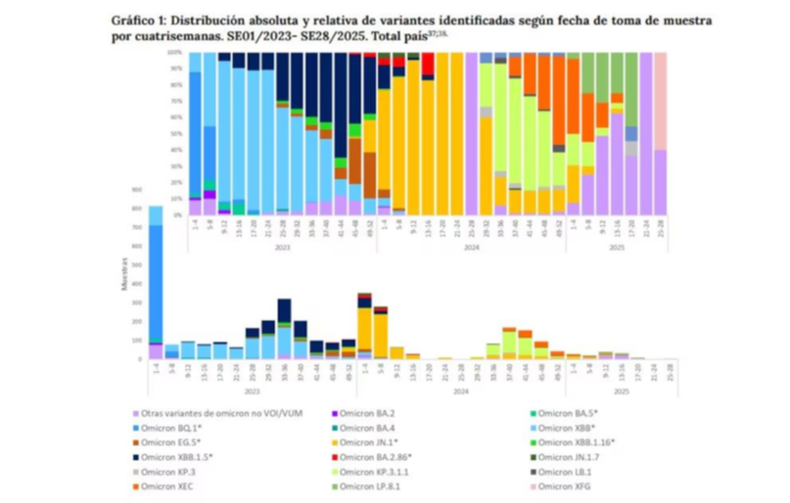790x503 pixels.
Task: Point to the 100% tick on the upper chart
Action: click(176, 51)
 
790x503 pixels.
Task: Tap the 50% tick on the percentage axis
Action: click(176, 133)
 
